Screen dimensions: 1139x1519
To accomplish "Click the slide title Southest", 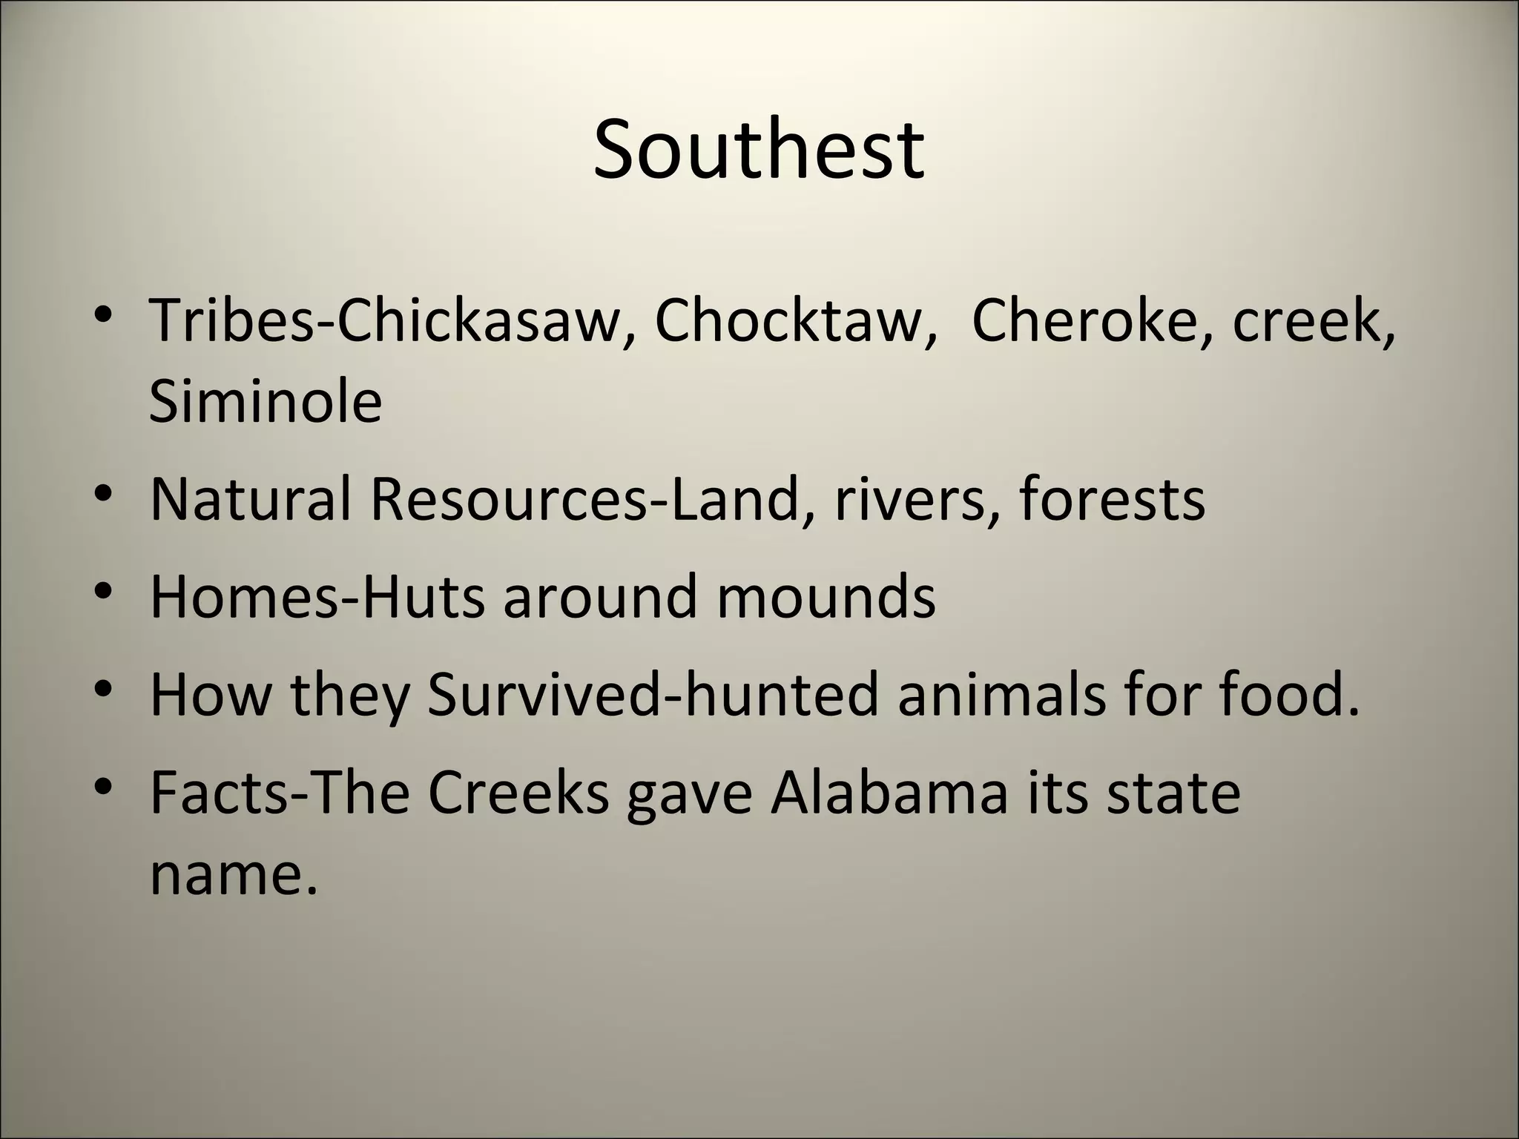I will coord(759,151).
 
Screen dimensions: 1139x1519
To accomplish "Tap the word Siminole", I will coord(266,401).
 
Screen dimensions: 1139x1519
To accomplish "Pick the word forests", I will coord(1112,499).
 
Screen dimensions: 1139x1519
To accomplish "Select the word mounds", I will coord(826,596).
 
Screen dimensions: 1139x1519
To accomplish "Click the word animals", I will coord(1001,695).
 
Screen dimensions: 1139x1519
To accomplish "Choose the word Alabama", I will coord(889,793).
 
